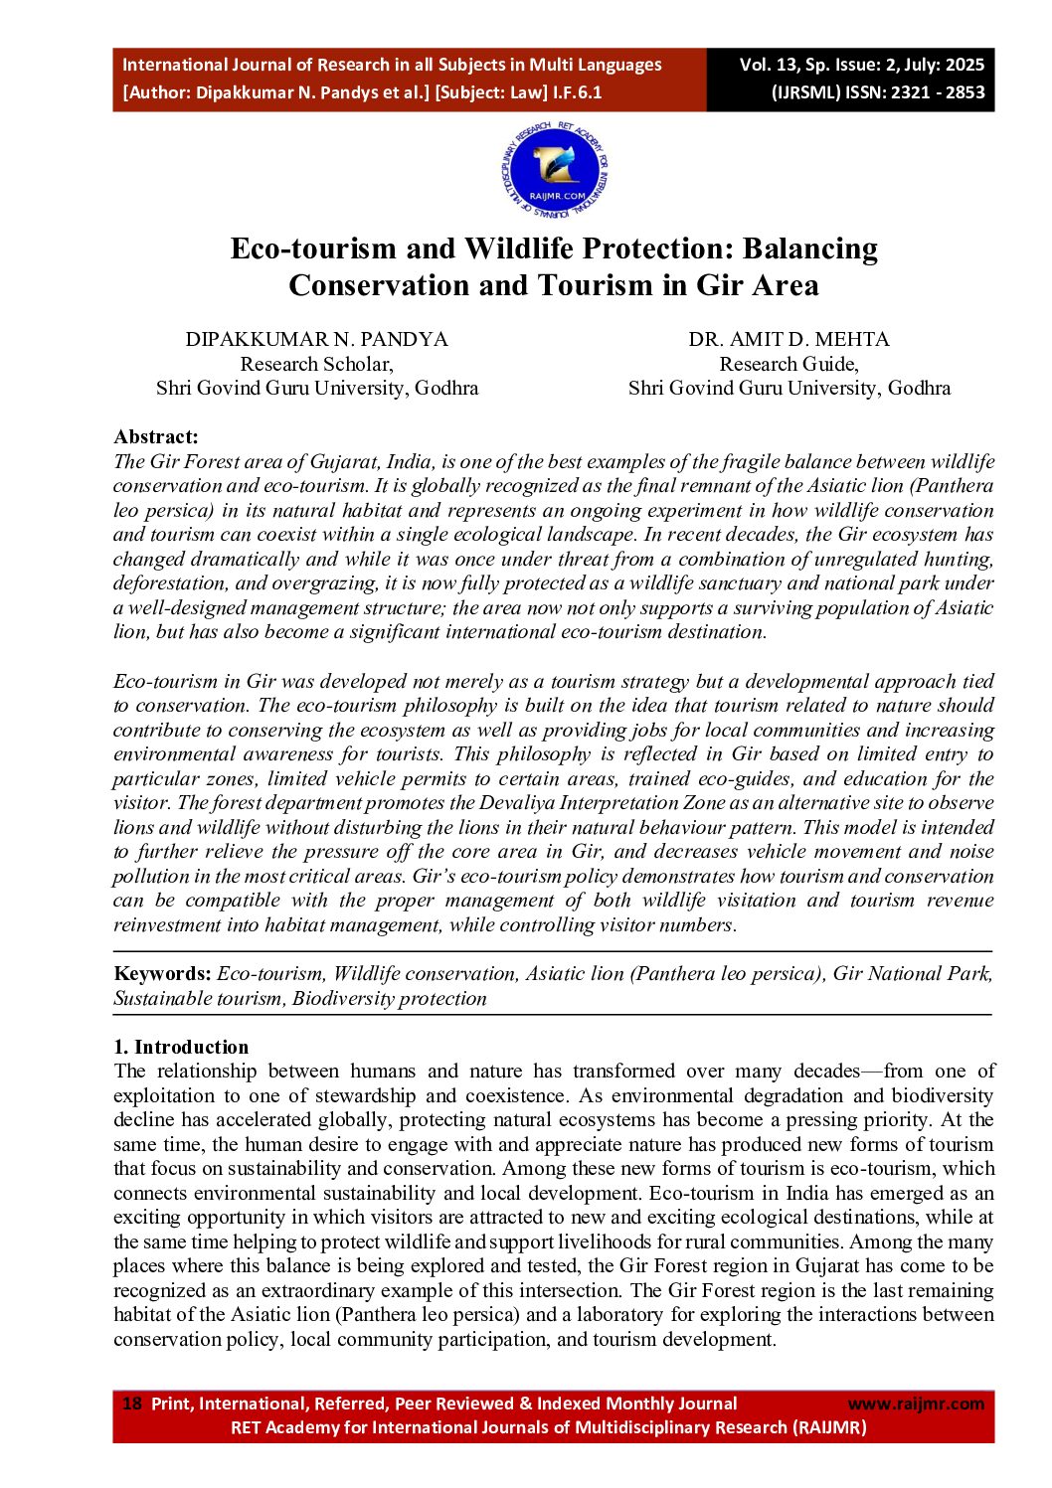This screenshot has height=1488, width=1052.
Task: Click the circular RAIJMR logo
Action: (x=554, y=171)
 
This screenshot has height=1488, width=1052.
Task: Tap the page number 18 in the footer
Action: (x=131, y=1404)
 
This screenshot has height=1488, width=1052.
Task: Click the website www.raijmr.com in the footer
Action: (x=915, y=1404)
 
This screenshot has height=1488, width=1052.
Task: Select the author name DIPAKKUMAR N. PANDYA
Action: (x=316, y=339)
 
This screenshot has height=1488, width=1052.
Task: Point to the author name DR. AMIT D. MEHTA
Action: (x=789, y=339)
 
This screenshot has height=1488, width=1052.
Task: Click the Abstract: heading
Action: (x=156, y=436)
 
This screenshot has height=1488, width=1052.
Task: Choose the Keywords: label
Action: (x=162, y=974)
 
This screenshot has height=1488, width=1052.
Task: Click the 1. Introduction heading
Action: (x=181, y=1047)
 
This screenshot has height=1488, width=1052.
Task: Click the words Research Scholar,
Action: (x=316, y=364)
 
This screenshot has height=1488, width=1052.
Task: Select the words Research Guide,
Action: (x=789, y=364)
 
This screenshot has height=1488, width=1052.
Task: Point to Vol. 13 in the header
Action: (x=769, y=65)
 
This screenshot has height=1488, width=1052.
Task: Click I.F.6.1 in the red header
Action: (x=578, y=92)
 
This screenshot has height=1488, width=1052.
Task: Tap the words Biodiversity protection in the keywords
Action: (x=390, y=999)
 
